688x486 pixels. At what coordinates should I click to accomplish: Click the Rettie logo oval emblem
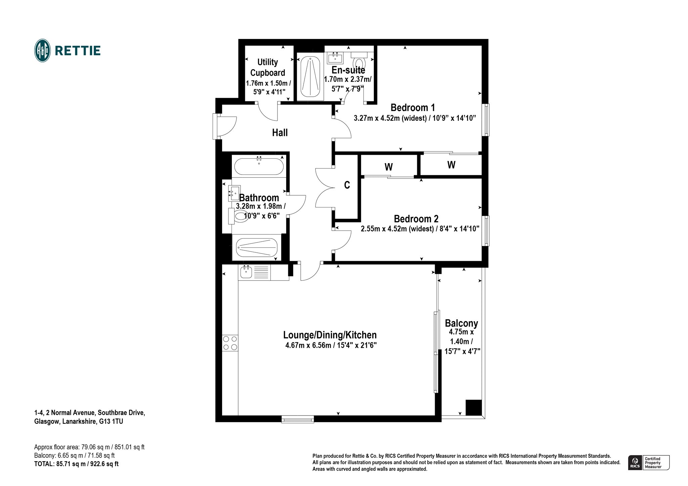point(43,51)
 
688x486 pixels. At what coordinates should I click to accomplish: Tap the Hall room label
point(280,133)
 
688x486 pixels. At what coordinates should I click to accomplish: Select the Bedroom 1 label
point(413,107)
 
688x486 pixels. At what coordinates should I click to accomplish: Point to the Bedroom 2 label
point(416,219)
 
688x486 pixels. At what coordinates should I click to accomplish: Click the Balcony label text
point(461,323)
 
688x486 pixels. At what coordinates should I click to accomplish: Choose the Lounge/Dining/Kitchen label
point(330,335)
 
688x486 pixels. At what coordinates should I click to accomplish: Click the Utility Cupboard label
point(268,67)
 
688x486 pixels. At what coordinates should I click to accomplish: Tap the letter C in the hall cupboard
point(347,185)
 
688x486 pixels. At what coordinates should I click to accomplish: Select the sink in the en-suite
point(335,58)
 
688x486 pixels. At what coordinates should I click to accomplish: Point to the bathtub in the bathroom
point(259,166)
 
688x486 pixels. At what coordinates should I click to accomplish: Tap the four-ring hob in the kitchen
point(230,343)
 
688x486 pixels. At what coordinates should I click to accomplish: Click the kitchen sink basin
point(246,272)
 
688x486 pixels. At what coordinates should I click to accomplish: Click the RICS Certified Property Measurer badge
point(649,463)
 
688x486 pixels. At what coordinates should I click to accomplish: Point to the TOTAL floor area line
point(76,464)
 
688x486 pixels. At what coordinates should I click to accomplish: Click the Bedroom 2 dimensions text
point(420,229)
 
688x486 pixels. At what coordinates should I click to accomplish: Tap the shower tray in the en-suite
point(310,78)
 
